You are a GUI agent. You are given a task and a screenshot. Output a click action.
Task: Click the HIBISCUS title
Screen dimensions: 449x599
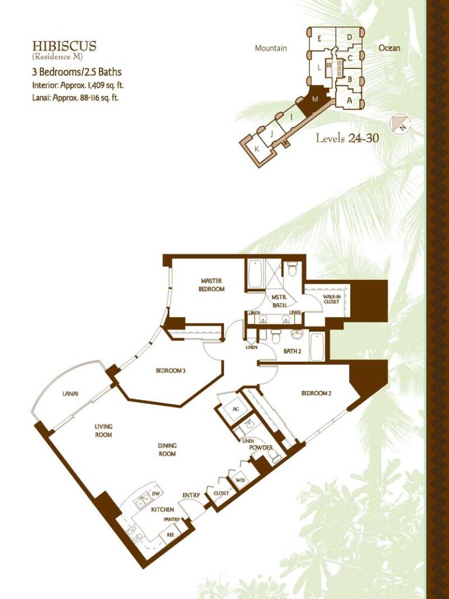tap(64, 46)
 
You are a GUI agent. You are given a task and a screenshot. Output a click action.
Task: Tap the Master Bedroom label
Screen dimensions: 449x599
tap(211, 285)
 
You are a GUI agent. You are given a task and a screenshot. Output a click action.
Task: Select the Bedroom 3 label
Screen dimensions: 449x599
tap(171, 370)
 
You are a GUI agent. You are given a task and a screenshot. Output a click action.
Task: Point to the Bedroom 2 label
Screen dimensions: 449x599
tap(316, 393)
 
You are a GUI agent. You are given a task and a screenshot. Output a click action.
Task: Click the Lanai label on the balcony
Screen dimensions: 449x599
tap(70, 394)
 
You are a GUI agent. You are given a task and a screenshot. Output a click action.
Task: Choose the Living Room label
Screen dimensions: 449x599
tap(103, 431)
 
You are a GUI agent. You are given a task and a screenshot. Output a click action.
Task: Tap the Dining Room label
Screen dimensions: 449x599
tap(167, 449)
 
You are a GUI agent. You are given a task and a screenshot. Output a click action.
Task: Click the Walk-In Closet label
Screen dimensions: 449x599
tap(331, 299)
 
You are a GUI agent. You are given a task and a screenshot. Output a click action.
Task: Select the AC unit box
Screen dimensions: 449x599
tap(236, 409)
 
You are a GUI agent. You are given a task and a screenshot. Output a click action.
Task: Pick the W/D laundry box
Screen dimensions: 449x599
tap(240, 480)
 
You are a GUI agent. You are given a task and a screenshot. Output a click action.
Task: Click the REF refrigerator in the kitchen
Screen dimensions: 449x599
tap(170, 535)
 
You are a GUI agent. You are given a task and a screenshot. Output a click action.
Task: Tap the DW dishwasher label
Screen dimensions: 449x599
tap(156, 494)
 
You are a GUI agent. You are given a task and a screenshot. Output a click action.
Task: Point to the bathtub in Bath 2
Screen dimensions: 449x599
tap(317, 347)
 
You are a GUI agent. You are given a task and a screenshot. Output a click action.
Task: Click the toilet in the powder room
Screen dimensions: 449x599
tap(275, 455)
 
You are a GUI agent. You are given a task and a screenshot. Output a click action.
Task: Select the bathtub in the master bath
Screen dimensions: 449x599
tap(254, 275)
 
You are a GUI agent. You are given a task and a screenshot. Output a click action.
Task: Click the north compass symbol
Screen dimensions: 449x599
tap(399, 124)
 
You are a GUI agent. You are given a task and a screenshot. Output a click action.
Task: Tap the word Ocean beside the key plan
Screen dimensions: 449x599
tap(389, 48)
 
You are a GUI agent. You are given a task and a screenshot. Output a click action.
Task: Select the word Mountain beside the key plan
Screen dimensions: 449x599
tap(271, 48)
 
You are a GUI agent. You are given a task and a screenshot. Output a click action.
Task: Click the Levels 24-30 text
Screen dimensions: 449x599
tap(347, 138)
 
